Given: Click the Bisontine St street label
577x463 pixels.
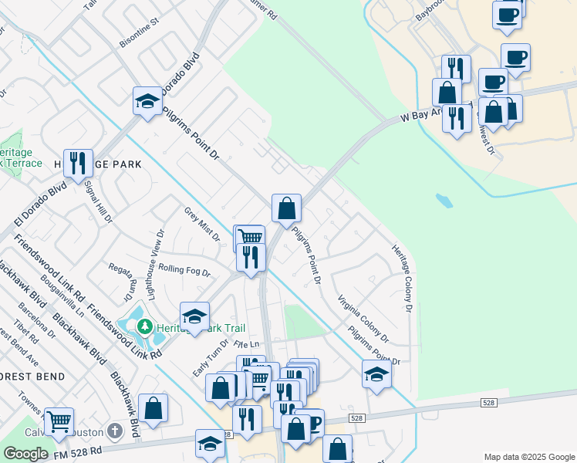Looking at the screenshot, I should [139, 39].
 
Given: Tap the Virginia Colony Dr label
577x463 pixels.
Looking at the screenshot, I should [363, 317].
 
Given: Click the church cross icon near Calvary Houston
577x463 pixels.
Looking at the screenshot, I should [115, 430].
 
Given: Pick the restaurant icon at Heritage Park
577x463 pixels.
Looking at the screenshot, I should [78, 163].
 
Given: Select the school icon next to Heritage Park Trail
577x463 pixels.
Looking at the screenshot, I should [195, 316].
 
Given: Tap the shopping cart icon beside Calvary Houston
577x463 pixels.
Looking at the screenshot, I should [59, 421].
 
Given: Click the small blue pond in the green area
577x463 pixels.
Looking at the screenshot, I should [444, 201].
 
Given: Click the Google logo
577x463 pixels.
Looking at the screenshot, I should [25, 454].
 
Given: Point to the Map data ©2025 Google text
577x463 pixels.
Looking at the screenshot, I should [528, 457].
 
